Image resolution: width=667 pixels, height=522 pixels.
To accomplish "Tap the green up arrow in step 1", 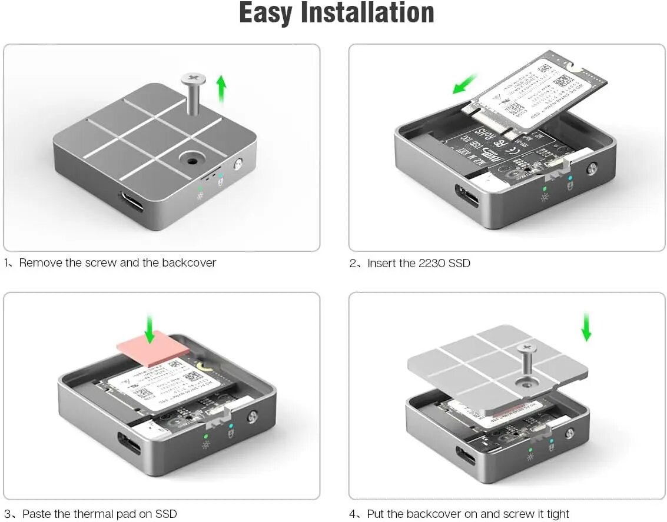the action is pyautogui.click(x=221, y=89).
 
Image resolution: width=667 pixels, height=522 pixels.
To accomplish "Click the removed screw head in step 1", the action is pyautogui.click(x=193, y=78).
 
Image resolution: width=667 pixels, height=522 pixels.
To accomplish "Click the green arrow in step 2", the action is pyautogui.click(x=466, y=84).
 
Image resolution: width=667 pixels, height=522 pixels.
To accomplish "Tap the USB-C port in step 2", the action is pyautogui.click(x=467, y=195).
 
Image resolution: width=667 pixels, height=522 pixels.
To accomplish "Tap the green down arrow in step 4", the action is pyautogui.click(x=586, y=327).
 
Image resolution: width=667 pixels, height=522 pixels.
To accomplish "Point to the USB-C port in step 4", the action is pyautogui.click(x=467, y=455).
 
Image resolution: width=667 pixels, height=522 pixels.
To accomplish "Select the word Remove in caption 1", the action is pyautogui.click(x=41, y=263).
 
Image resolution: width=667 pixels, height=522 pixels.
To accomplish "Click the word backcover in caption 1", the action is pyautogui.click(x=188, y=263).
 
